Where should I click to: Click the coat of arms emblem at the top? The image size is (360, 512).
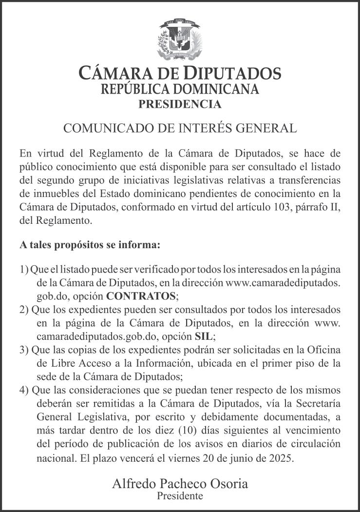pyautogui.click(x=179, y=40)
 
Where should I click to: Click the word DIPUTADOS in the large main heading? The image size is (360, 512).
pyautogui.click(x=232, y=74)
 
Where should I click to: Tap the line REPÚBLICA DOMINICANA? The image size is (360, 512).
pyautogui.click(x=179, y=89)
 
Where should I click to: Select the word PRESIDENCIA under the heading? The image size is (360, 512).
pyautogui.click(x=179, y=104)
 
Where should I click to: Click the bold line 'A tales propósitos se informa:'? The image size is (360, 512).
pyautogui.click(x=90, y=245)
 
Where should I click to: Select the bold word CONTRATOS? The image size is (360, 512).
pyautogui.click(x=141, y=296)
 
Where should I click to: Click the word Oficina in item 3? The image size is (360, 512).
pyautogui.click(x=322, y=350)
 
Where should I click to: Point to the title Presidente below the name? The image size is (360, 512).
pyautogui.click(x=180, y=496)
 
